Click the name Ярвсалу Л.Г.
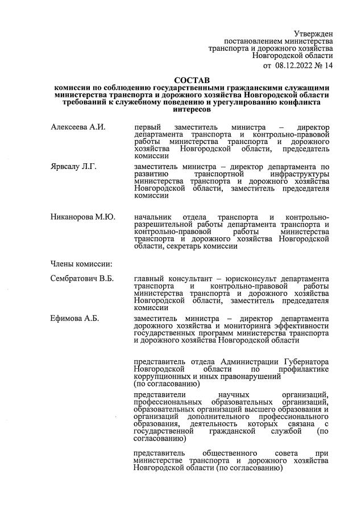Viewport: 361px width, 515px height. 74,166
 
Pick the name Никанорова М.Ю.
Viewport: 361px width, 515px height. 83,218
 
